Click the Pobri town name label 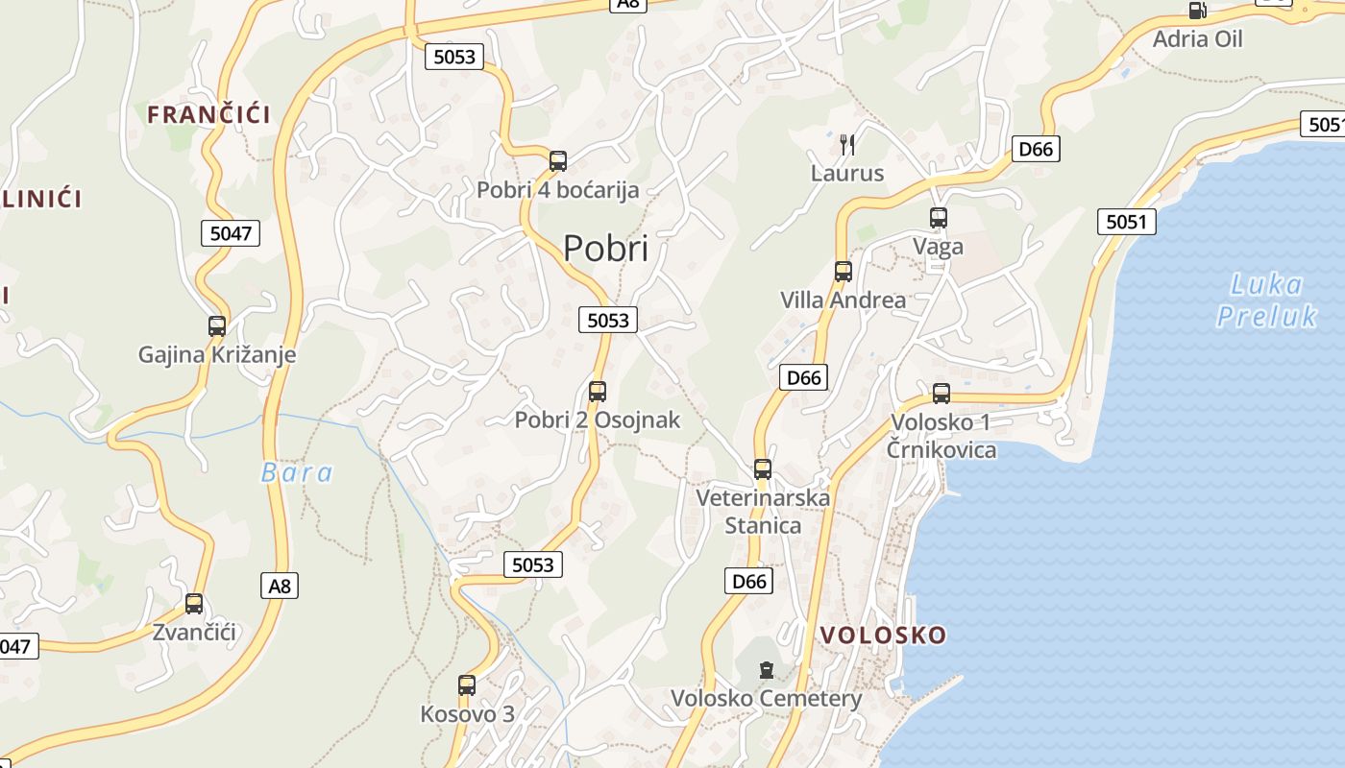(605, 249)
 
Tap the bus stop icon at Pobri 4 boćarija (558, 160)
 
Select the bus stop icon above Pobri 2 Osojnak (598, 391)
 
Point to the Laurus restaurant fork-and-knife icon (846, 145)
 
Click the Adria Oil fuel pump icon (1196, 11)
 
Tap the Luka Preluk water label (1266, 300)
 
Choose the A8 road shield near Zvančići (280, 585)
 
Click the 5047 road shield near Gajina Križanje (231, 232)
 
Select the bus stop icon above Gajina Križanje (217, 325)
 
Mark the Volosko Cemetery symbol (766, 669)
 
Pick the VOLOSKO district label (884, 635)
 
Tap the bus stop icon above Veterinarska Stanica (763, 469)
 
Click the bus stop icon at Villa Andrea (844, 272)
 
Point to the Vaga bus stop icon (939, 218)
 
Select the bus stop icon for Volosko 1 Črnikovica (941, 394)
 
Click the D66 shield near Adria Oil (1036, 149)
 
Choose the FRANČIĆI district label (208, 115)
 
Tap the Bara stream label (297, 472)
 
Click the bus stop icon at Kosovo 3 (467, 685)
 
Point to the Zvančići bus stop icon (194, 604)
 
